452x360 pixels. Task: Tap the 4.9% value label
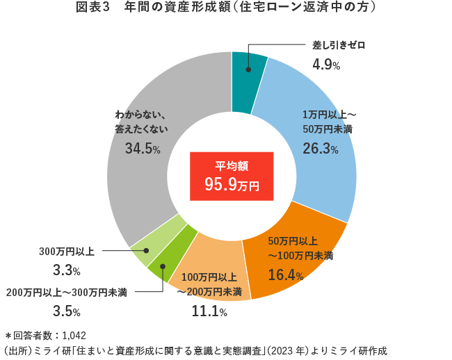[x=326, y=65]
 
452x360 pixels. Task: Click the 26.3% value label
[x=321, y=148]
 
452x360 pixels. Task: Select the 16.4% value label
[x=286, y=275]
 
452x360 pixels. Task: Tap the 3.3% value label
[x=67, y=270]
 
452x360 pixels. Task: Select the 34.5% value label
[x=143, y=148]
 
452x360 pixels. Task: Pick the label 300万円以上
[x=66, y=249]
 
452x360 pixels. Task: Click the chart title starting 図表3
[x=226, y=8]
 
